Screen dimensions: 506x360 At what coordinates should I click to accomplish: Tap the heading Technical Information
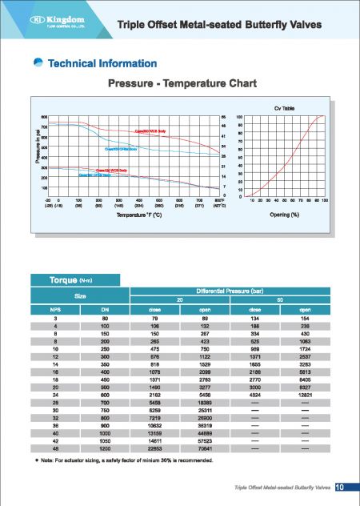point(102,63)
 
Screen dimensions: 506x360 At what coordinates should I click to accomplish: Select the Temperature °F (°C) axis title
point(146,215)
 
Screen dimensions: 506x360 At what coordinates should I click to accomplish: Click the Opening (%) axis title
point(285,215)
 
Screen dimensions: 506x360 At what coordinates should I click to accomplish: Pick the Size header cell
point(82,295)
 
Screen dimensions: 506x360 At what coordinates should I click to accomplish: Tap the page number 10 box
point(339,488)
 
